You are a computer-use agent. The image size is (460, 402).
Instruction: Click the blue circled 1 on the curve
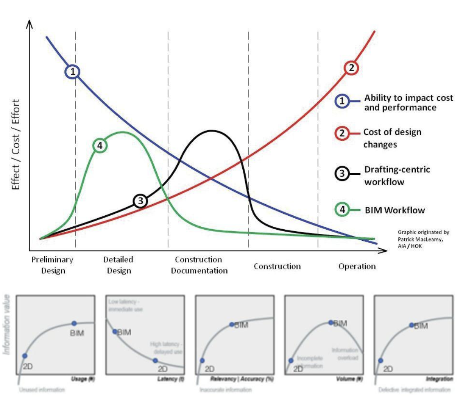coord(72,72)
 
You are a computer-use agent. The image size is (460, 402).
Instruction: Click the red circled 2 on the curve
coord(351,68)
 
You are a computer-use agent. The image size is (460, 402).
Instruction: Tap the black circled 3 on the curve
coord(140,201)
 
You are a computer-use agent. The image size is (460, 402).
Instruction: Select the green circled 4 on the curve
coord(100,145)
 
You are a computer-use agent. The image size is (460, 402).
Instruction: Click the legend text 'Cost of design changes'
coord(392,138)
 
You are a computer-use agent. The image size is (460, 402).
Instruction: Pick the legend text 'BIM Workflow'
coord(394,210)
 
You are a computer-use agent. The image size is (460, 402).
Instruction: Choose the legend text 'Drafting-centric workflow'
coord(397,176)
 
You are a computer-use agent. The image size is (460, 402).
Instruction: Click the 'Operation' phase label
coord(357,266)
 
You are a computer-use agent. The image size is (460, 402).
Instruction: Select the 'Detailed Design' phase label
coord(118,265)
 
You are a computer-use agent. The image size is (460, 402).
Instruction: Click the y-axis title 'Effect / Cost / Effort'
coord(16,144)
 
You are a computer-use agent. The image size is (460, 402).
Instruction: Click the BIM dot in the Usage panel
coord(74,323)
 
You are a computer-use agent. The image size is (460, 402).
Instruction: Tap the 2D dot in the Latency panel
coord(155,361)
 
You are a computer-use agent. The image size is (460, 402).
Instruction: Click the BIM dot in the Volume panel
coord(331,322)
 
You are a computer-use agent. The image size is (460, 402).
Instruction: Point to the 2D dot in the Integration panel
coord(380,361)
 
